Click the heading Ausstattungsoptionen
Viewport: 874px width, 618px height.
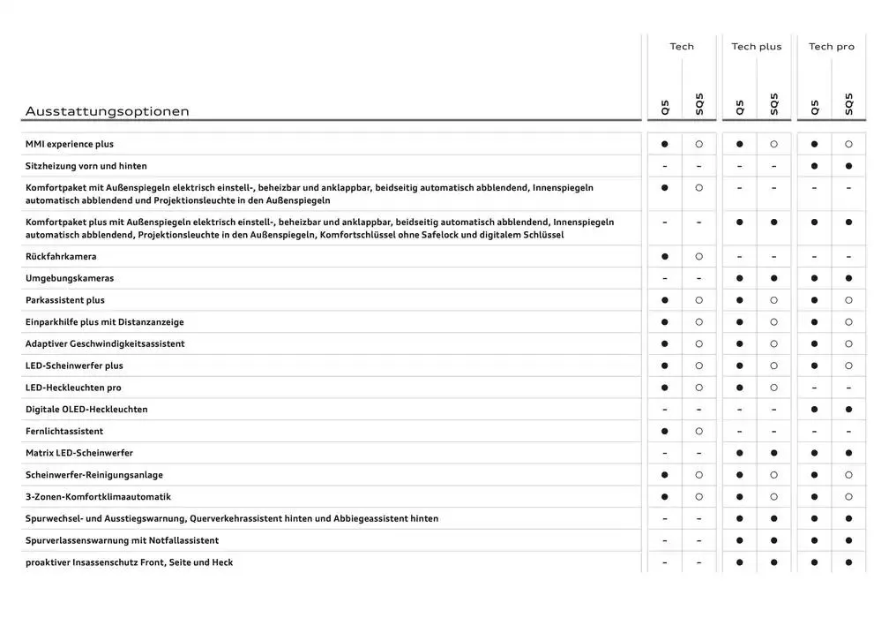[107, 111]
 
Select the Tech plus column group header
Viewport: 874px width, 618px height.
[756, 47]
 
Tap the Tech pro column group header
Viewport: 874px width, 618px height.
[832, 47]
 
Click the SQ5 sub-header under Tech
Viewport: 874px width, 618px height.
[699, 104]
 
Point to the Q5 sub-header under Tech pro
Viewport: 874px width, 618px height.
[814, 107]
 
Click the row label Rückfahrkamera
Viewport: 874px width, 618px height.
[61, 257]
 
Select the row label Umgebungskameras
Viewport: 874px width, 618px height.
[70, 279]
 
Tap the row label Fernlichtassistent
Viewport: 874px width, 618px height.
[64, 432]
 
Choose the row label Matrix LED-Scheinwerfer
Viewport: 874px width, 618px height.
[79, 453]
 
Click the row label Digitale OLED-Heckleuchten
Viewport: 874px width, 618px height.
[86, 410]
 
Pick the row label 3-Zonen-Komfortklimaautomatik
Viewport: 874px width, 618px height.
[98, 497]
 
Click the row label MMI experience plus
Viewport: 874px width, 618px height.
[70, 144]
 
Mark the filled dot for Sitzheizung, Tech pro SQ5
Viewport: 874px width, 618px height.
[848, 166]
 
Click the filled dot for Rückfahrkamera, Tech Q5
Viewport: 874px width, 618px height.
[664, 257]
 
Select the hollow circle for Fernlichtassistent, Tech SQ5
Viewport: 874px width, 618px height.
[698, 432]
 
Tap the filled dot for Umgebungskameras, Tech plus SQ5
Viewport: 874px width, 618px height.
[773, 279]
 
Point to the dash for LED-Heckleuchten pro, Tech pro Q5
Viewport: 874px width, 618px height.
[814, 388]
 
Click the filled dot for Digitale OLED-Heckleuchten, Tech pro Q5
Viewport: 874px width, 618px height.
[814, 410]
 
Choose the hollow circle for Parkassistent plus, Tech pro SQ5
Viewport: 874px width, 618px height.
[848, 300]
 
